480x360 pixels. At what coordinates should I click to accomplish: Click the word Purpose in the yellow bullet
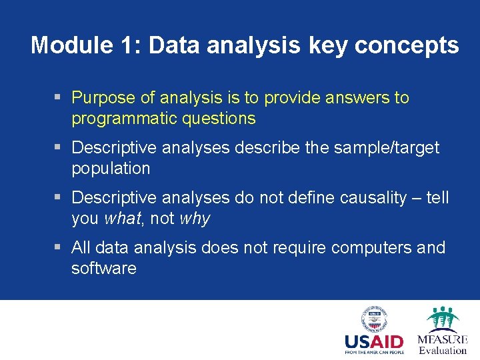104,98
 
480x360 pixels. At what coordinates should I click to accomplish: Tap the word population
111,168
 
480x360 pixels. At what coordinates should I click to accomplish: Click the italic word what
123,219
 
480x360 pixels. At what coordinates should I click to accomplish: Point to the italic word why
195,219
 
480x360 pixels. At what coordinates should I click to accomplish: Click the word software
103,269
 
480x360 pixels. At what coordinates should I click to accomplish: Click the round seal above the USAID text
374,319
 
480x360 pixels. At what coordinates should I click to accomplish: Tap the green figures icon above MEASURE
442,319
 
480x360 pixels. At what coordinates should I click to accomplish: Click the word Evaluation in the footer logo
443,351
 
